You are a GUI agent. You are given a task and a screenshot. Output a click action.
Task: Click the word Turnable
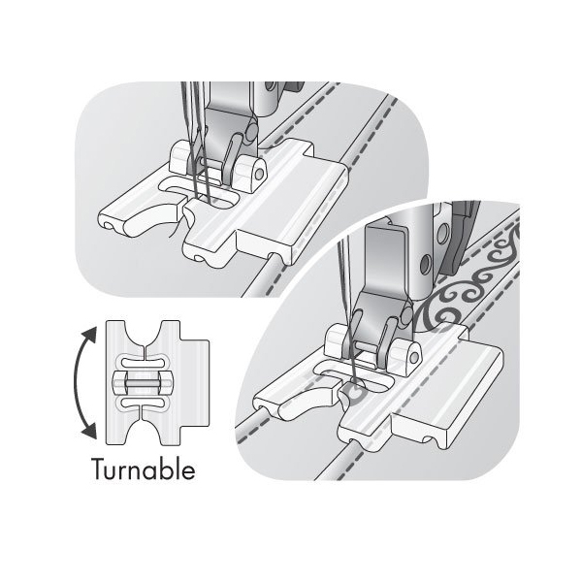click(144, 469)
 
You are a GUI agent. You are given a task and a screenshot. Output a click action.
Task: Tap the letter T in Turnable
click(99, 469)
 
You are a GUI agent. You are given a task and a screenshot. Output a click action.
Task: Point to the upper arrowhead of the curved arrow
click(90, 336)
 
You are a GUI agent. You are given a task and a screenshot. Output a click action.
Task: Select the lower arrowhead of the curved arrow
click(90, 432)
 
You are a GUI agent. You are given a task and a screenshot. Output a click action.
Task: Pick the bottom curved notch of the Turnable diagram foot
click(144, 431)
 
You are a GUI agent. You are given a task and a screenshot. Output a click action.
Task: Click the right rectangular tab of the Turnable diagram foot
click(195, 383)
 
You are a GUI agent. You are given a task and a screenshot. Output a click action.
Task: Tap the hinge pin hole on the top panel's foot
click(260, 174)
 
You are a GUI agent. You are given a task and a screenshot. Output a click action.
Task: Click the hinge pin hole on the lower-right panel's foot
click(414, 357)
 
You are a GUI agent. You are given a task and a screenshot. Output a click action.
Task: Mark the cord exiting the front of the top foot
click(262, 274)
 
